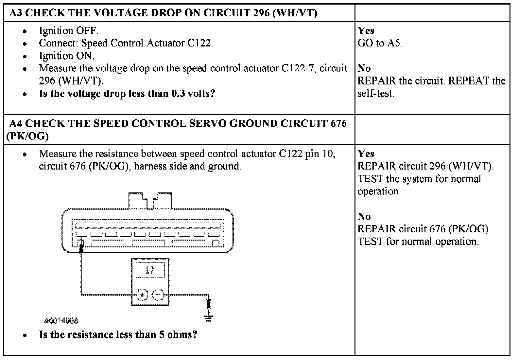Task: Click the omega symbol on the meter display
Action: pos(150,270)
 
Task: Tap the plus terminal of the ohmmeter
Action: pos(142,295)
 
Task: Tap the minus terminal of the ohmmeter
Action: pos(158,295)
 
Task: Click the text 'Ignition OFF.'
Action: pos(68,31)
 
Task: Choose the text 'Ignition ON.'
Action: pos(66,56)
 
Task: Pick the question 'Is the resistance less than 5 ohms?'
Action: pos(118,334)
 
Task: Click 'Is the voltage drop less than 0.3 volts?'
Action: pos(127,94)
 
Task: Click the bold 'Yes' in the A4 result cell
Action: pos(366,153)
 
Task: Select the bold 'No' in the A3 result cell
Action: pos(364,68)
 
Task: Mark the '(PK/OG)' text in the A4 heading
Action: pos(27,136)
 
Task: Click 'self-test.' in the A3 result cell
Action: pos(376,94)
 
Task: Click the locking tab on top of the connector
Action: pos(150,200)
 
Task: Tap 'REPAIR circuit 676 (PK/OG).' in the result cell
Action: pos(424,229)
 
